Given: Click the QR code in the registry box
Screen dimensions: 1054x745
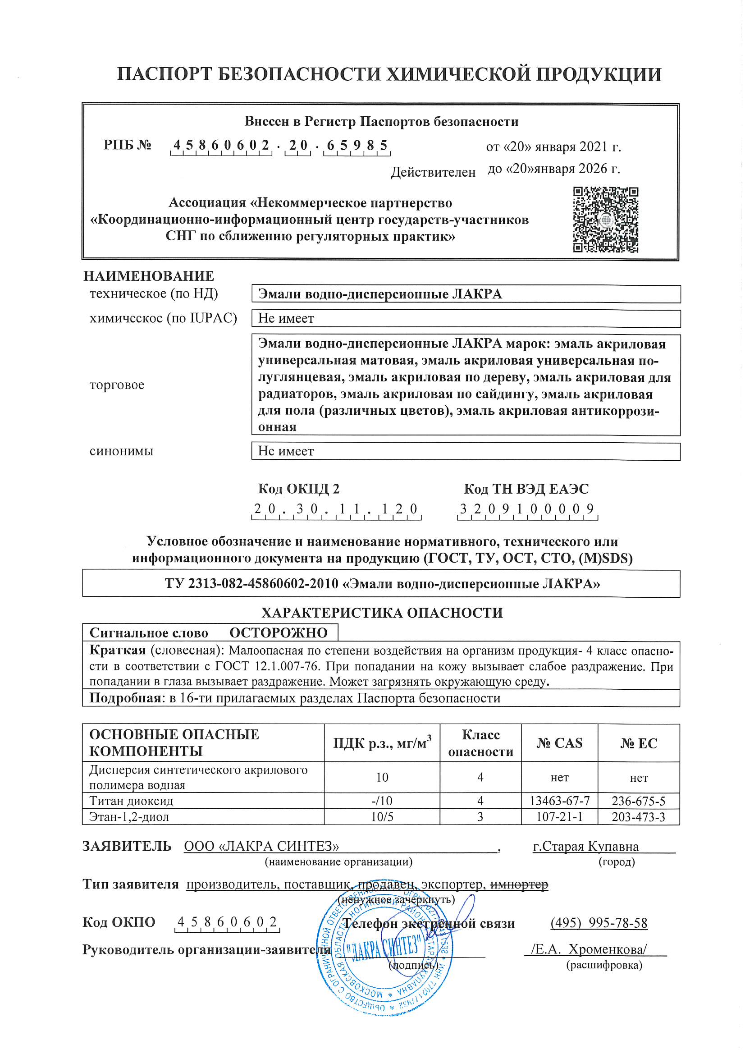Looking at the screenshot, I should click(605, 220).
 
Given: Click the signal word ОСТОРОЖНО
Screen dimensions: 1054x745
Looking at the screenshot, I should click(278, 632).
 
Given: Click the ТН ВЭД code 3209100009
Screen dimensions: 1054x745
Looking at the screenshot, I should click(527, 509).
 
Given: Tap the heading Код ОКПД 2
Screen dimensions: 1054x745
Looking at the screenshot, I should click(298, 489).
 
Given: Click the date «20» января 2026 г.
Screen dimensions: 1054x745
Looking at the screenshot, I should click(553, 169).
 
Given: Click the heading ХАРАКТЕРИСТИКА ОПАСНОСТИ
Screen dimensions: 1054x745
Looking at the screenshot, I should click(382, 613).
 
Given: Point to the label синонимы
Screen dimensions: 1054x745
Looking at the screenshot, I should click(121, 451).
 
